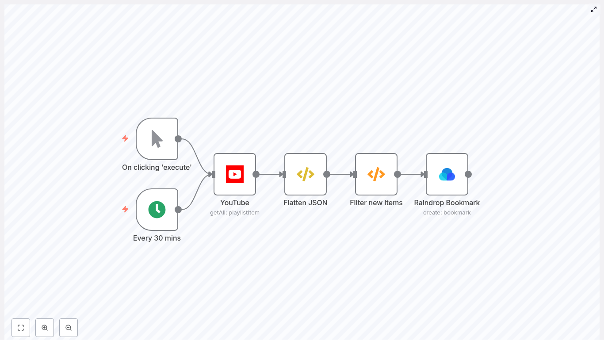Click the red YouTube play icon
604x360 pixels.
click(235, 174)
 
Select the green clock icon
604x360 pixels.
click(157, 210)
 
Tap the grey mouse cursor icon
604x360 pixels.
click(157, 139)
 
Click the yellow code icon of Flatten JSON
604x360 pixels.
click(306, 174)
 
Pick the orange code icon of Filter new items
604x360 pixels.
click(376, 174)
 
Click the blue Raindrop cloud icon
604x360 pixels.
click(447, 174)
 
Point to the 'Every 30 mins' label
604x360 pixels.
click(157, 238)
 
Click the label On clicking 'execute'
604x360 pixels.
click(157, 167)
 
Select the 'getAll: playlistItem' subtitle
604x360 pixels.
click(235, 213)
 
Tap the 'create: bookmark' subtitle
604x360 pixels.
click(447, 213)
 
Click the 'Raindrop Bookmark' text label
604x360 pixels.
click(447, 203)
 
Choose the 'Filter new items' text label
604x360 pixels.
click(376, 203)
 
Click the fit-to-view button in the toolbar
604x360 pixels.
click(21, 328)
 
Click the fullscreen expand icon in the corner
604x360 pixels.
click(594, 9)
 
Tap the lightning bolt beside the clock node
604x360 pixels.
click(125, 209)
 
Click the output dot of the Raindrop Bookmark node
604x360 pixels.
click(468, 174)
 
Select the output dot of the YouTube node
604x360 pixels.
click(256, 174)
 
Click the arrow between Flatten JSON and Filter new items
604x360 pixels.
click(341, 174)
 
